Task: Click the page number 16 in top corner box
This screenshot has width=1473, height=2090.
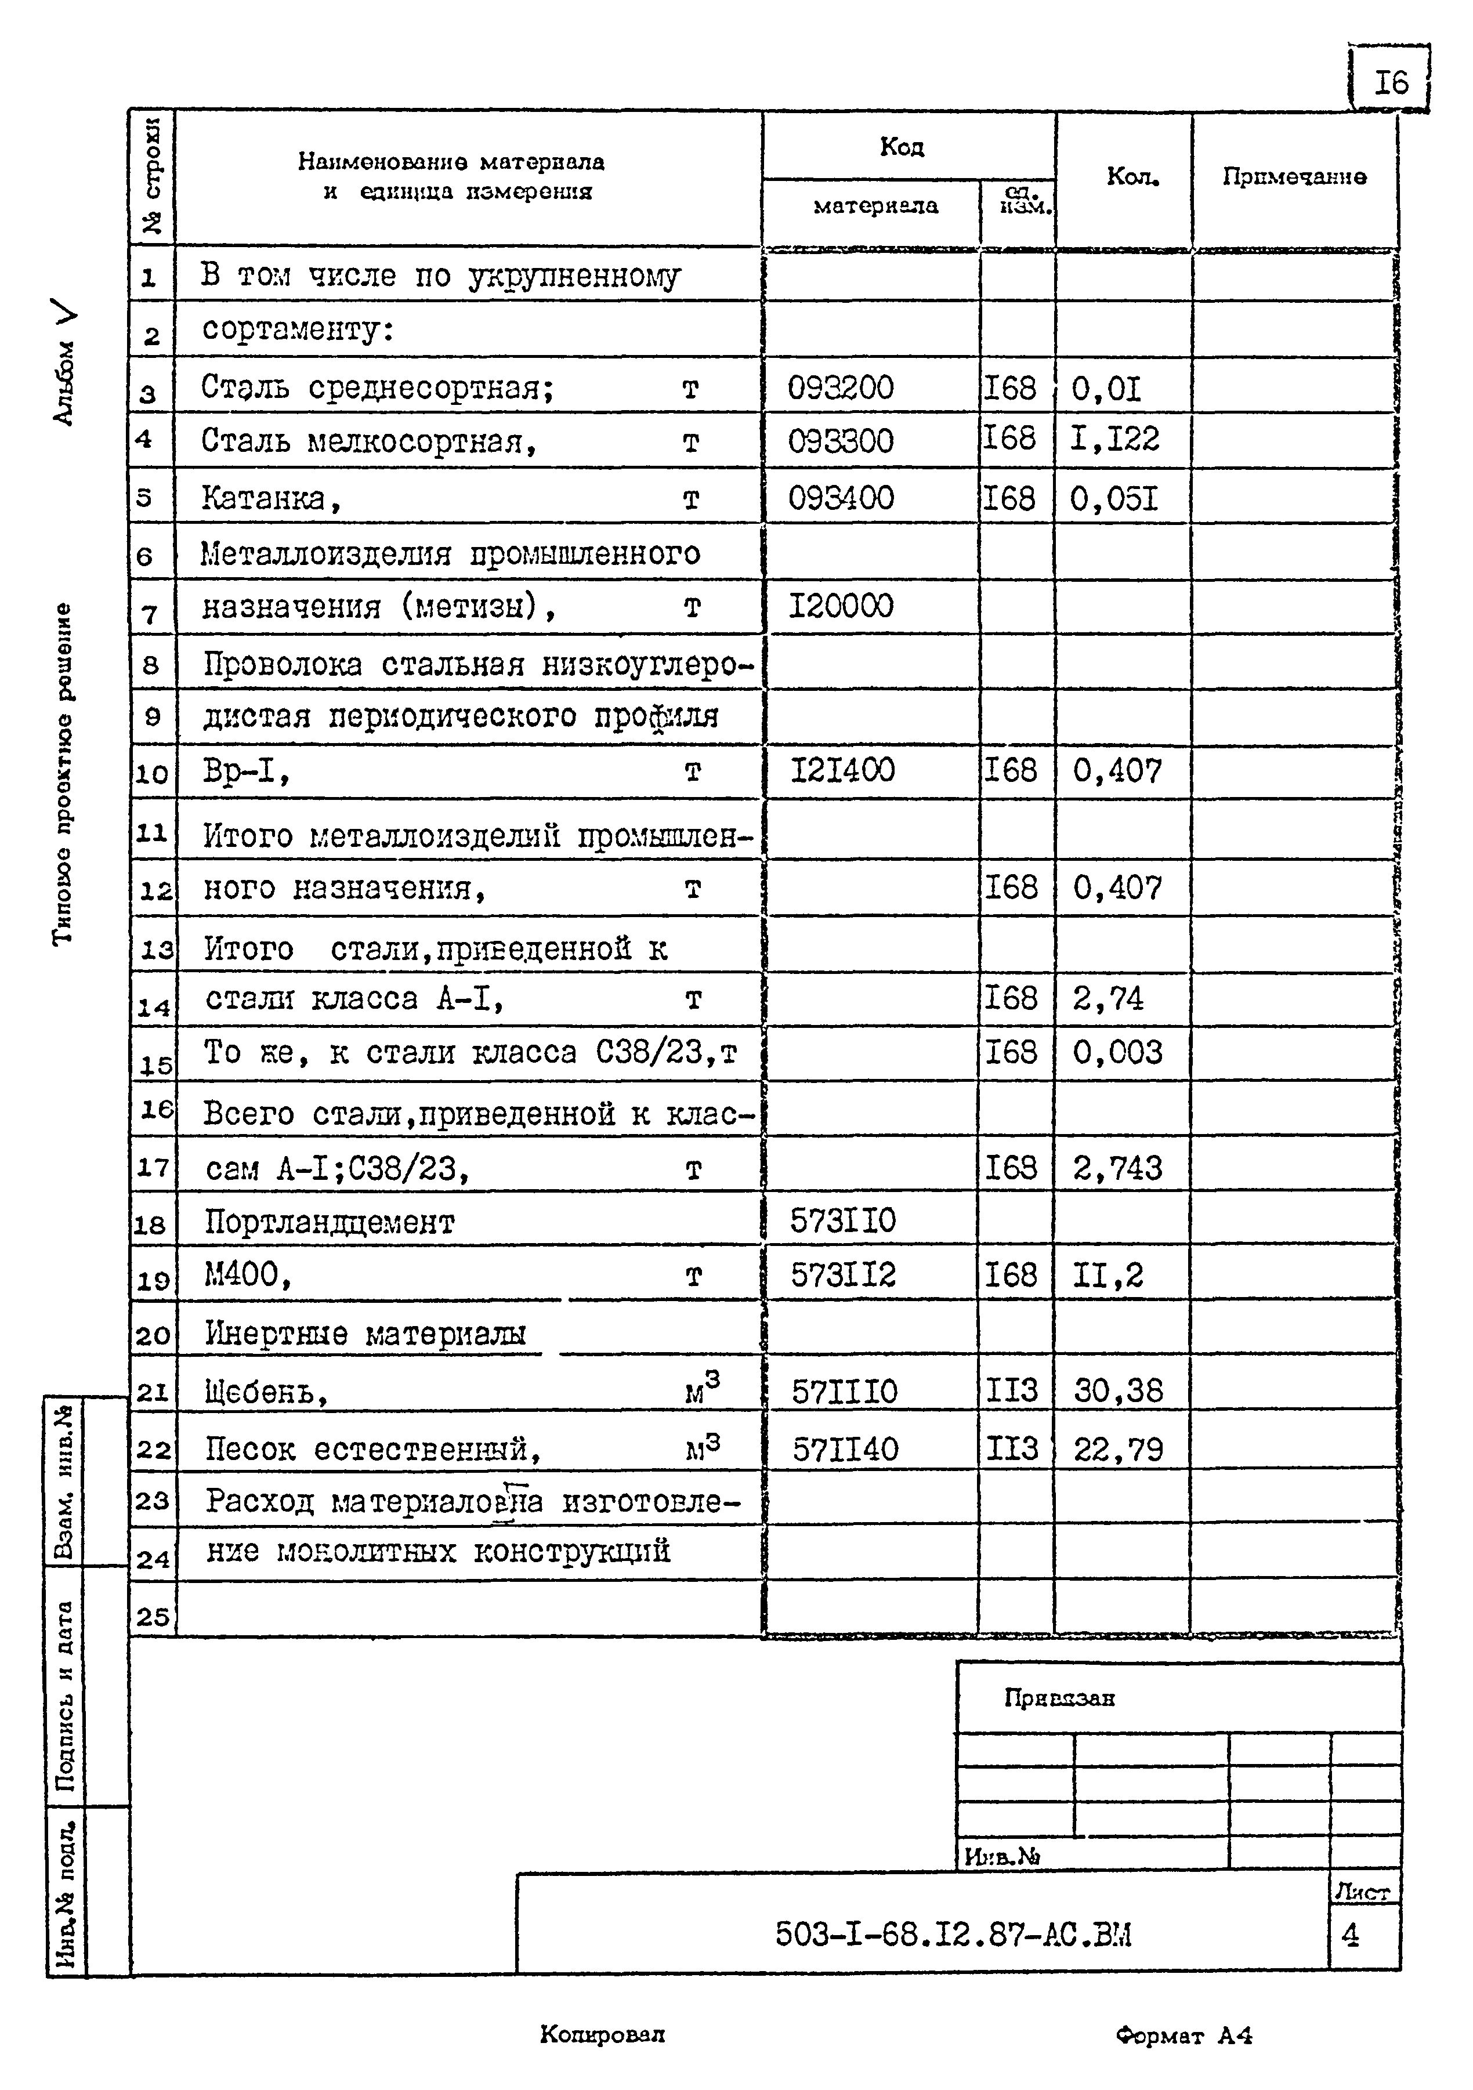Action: (1390, 84)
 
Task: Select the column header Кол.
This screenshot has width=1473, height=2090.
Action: (1132, 176)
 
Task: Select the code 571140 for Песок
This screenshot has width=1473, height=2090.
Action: (844, 1448)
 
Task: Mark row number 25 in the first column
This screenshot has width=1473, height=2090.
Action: (153, 1617)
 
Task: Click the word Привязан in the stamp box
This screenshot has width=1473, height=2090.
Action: (1059, 1698)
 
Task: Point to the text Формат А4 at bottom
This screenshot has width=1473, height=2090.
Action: (1184, 2036)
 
